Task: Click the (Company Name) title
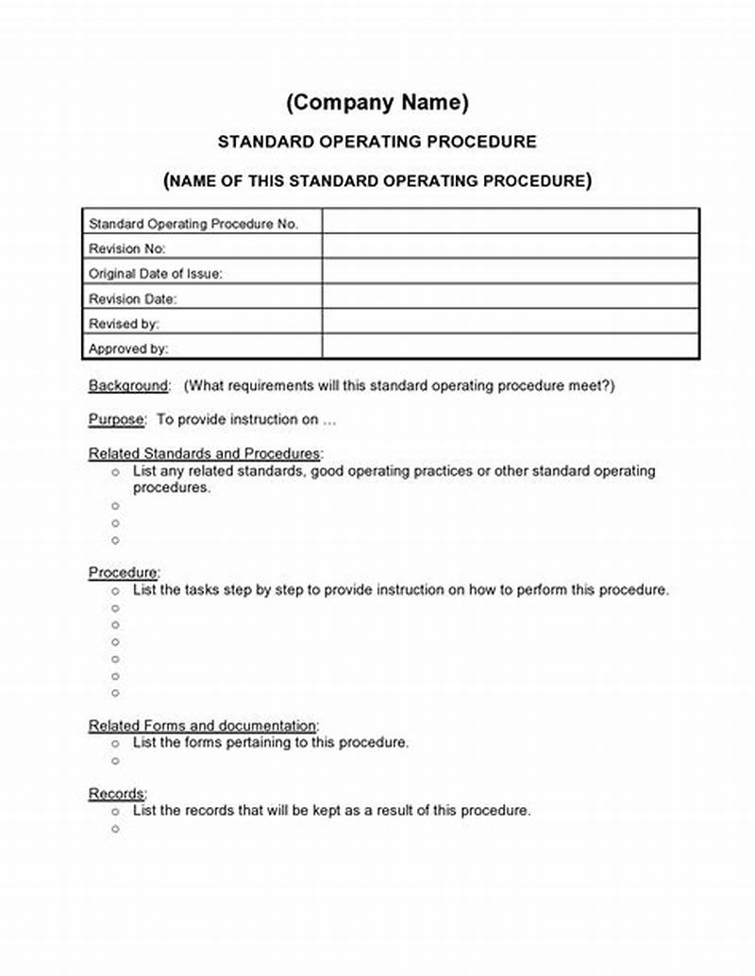click(x=377, y=102)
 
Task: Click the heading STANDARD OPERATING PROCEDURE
click(x=377, y=142)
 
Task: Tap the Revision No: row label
click(x=126, y=249)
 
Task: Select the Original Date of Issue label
click(x=155, y=274)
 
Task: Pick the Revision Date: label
click(x=132, y=298)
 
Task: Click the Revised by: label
click(x=124, y=324)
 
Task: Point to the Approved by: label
click(x=128, y=348)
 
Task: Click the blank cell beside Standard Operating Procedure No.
click(x=511, y=223)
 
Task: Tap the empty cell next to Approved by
click(x=511, y=347)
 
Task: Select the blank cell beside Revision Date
click(x=511, y=297)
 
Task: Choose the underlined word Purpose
click(x=117, y=420)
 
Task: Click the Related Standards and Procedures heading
click(x=204, y=454)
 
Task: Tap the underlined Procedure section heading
click(x=124, y=573)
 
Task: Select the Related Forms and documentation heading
click(x=203, y=726)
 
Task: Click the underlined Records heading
click(x=117, y=794)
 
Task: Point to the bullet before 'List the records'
click(x=116, y=812)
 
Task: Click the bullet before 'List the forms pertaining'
click(x=116, y=744)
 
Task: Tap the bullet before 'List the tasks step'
click(x=116, y=591)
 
